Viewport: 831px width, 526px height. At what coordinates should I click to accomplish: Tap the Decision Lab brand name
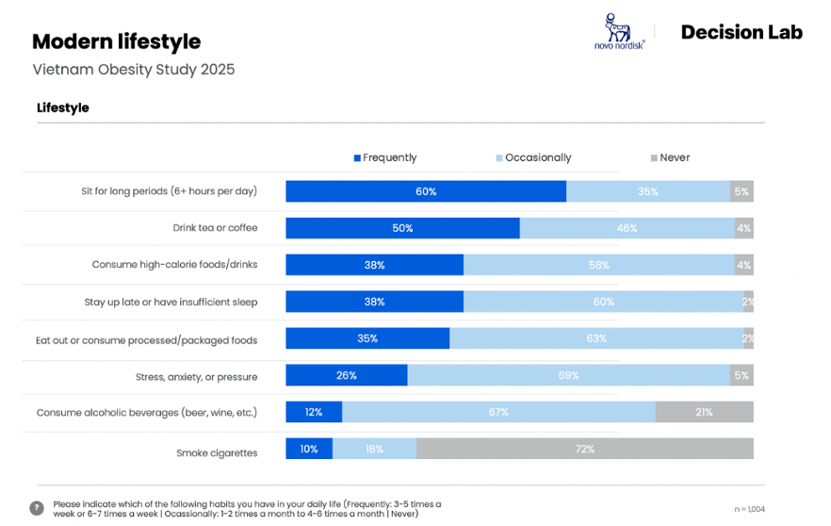point(741,32)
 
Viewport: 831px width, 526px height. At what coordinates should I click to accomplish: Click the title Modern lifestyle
point(116,41)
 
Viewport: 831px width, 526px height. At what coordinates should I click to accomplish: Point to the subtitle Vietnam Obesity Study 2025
point(133,70)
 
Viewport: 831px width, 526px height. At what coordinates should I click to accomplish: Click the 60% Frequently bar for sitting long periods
point(426,191)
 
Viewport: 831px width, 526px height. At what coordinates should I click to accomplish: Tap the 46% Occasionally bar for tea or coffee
point(627,228)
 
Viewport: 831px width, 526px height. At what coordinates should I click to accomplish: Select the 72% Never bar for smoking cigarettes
point(584,449)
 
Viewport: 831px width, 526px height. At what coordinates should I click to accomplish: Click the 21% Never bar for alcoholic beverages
point(704,412)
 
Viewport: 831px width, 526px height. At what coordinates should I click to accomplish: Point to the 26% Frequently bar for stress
point(347,375)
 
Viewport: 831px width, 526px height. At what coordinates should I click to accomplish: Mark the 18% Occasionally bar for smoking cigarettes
point(374,449)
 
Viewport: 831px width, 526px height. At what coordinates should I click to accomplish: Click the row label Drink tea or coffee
point(215,228)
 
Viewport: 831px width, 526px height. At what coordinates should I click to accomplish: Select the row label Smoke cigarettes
point(217,453)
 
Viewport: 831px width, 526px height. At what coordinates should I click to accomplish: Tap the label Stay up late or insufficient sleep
point(171,303)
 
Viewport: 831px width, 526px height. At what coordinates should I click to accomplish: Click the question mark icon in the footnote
point(37,508)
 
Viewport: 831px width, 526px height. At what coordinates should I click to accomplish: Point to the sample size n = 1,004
point(749,509)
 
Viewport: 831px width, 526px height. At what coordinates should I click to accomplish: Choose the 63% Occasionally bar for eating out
point(595,338)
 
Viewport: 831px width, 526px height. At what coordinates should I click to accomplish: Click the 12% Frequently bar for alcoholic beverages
point(314,412)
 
